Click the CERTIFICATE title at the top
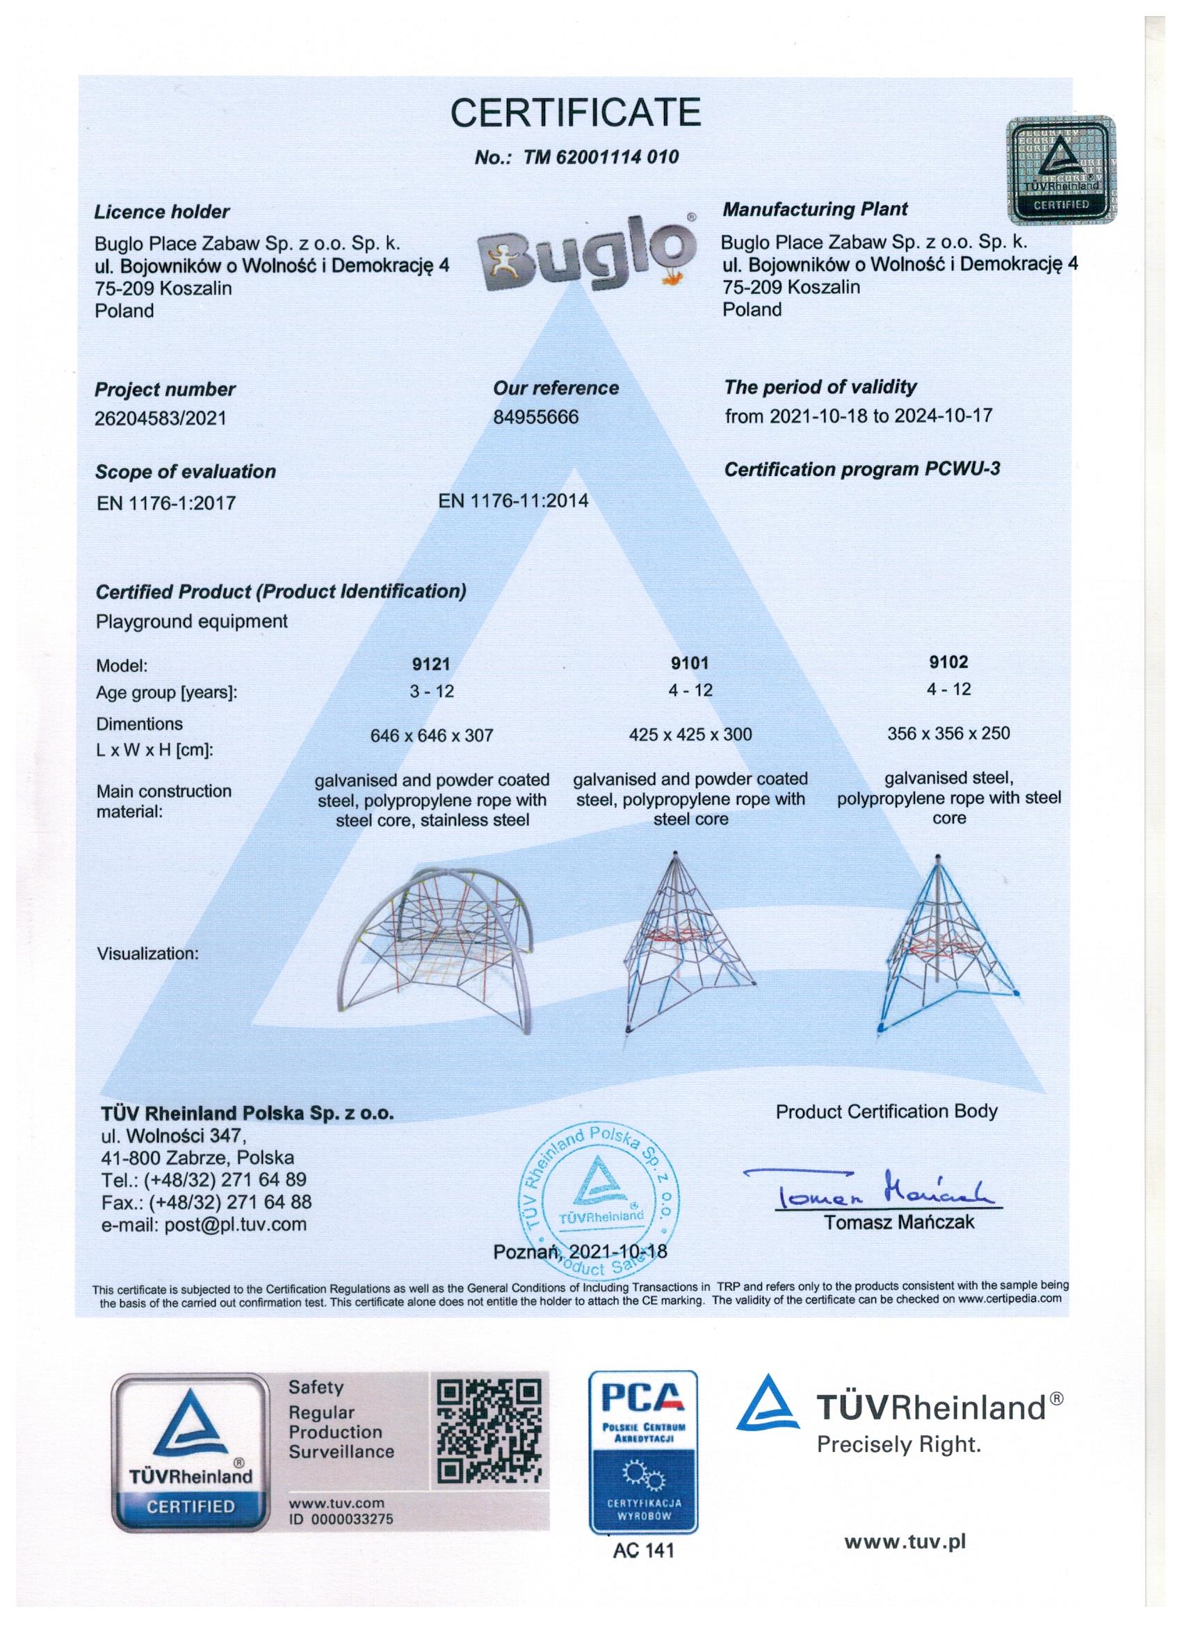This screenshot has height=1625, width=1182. click(x=575, y=113)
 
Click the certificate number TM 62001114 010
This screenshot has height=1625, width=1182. click(x=576, y=158)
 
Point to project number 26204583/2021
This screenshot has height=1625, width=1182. click(x=161, y=418)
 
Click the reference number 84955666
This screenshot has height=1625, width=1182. click(x=535, y=416)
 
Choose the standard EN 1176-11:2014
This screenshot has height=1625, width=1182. click(x=513, y=500)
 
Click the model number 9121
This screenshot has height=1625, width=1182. click(x=432, y=664)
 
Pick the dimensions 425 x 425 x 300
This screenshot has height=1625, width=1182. click(x=690, y=735)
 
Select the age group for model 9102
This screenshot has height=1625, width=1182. click(x=948, y=689)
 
